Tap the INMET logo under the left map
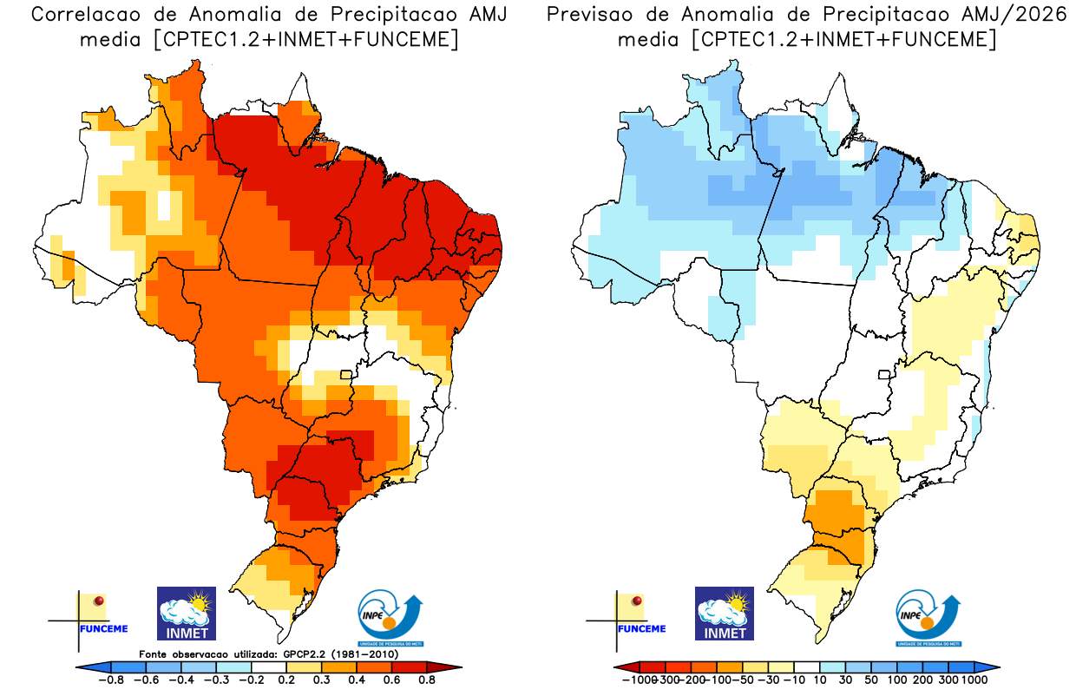[186, 613]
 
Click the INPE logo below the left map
[390, 615]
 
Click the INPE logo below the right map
[928, 615]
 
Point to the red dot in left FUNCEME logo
[99, 601]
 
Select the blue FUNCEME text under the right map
[641, 628]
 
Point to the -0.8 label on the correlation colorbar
[112, 680]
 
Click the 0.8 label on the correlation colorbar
[426, 680]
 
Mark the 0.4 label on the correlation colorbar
[357, 680]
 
